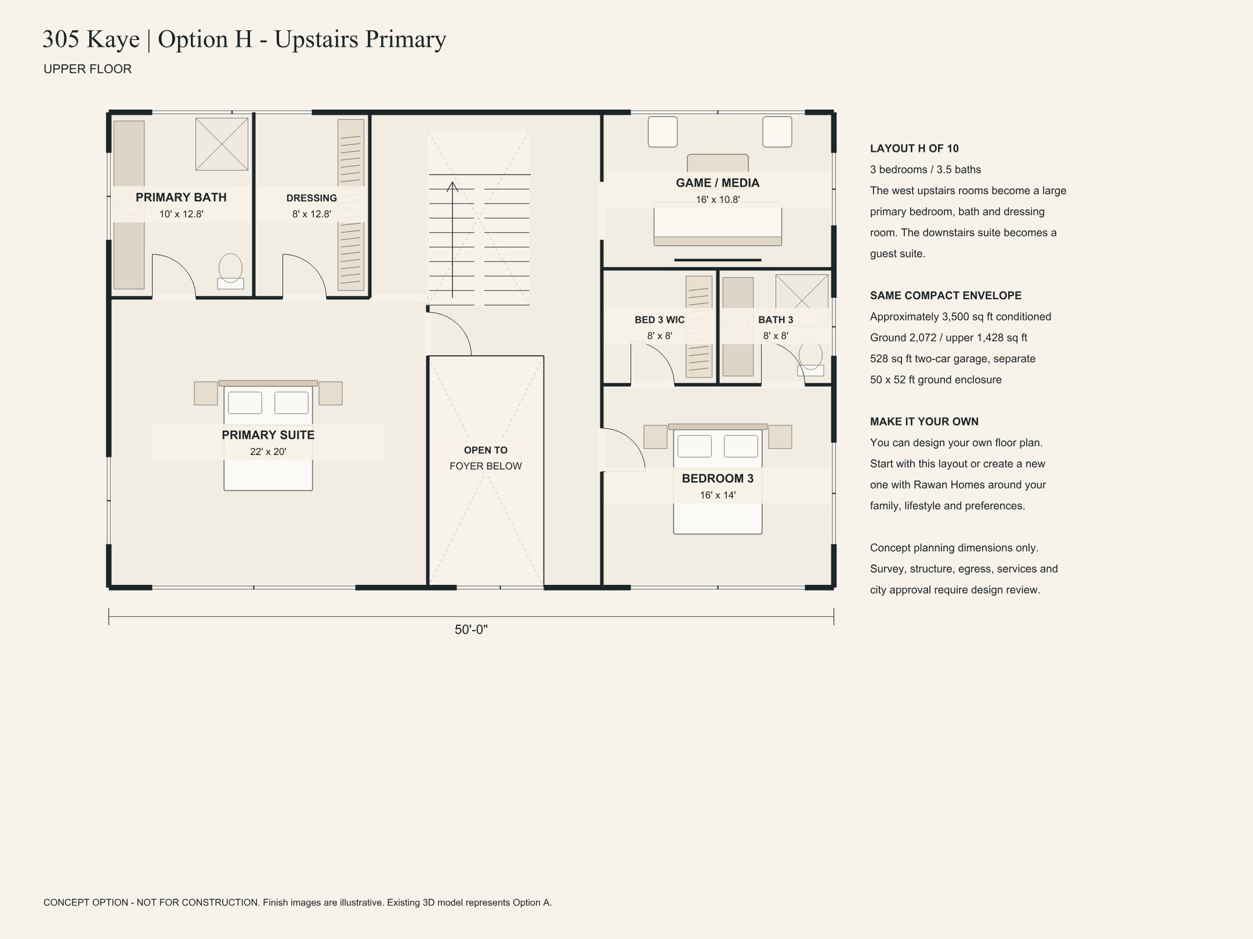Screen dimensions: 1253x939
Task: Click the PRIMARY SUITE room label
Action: [x=268, y=435]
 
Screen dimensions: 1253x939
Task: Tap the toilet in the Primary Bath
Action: [x=230, y=271]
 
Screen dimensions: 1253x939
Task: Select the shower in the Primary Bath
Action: [x=222, y=144]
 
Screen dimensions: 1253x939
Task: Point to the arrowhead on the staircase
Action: [x=452, y=187]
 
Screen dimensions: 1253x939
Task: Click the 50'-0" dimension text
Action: [x=471, y=629]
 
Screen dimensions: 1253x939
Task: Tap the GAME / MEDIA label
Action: [x=718, y=183]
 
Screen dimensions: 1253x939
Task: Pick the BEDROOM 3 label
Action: [x=718, y=478]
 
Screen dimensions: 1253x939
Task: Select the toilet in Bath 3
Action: [x=810, y=359]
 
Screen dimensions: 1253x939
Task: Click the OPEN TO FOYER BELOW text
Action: [x=486, y=458]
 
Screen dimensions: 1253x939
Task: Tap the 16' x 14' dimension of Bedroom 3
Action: [x=718, y=495]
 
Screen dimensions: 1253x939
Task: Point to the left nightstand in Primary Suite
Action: [x=206, y=393]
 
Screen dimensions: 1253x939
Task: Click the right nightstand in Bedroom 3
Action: [x=780, y=436]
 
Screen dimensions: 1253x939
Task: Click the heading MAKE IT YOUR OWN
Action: [x=924, y=421]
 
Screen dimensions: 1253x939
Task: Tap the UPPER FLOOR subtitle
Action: [x=88, y=69]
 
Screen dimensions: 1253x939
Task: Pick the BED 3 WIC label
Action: [x=660, y=319]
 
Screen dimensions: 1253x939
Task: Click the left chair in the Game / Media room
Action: [x=662, y=132]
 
